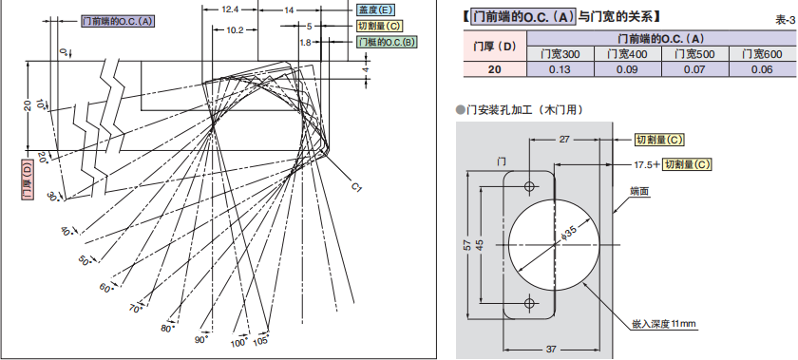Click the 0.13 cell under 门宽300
560,69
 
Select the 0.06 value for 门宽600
762,69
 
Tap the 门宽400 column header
628,54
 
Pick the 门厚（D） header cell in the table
495,47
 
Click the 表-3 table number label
785,20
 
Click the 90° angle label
201,340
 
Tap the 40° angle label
67,230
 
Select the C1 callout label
356,187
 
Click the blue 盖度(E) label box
375,9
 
